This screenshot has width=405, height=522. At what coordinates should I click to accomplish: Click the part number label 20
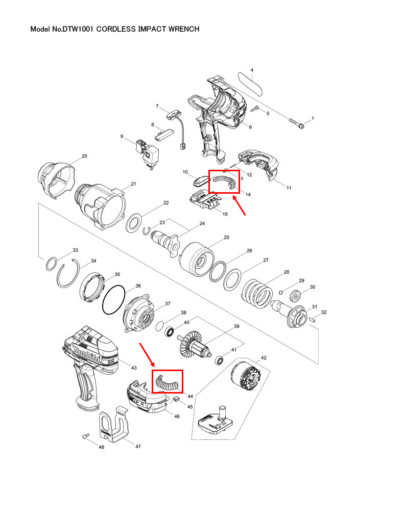coord(85,156)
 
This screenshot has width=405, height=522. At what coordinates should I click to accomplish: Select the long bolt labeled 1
coord(298,123)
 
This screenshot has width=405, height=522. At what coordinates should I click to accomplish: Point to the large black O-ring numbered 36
coord(113,300)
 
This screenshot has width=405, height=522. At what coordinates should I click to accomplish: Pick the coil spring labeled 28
coord(258,293)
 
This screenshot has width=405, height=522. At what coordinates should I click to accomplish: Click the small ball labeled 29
coord(281,292)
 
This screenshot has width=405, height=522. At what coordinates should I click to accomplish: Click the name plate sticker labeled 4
coord(250,83)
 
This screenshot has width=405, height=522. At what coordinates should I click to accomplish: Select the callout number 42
coord(264,358)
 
